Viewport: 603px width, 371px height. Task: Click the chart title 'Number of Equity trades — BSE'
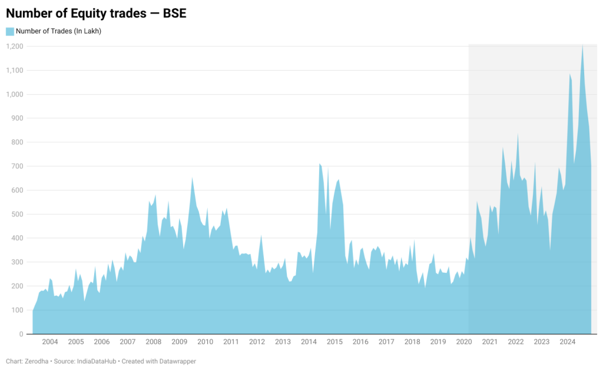coord(96,14)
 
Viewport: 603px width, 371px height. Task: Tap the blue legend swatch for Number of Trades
coord(10,31)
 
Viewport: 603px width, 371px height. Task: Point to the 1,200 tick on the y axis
coord(15,46)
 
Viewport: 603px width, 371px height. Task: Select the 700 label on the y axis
coord(17,166)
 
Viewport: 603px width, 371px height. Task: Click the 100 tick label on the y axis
coord(17,310)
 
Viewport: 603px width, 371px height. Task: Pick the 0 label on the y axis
coord(21,334)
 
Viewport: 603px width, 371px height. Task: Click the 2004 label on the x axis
coord(50,342)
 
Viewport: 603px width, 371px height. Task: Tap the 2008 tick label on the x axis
coord(153,342)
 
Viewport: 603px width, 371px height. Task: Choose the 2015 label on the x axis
coord(334,342)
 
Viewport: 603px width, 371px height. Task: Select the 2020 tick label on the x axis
coord(464,342)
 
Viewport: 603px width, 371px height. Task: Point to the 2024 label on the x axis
coord(567,342)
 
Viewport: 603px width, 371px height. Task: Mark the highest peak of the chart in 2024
coord(582,46)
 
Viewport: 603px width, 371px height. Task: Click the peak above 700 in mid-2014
coord(320,164)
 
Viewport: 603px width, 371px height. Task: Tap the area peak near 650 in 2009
coord(192,178)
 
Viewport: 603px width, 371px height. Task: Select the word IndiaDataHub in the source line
coord(97,362)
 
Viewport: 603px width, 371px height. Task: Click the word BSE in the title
coord(174,14)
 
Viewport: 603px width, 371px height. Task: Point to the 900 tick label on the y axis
coord(17,118)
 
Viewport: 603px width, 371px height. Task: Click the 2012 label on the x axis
coord(257,342)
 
